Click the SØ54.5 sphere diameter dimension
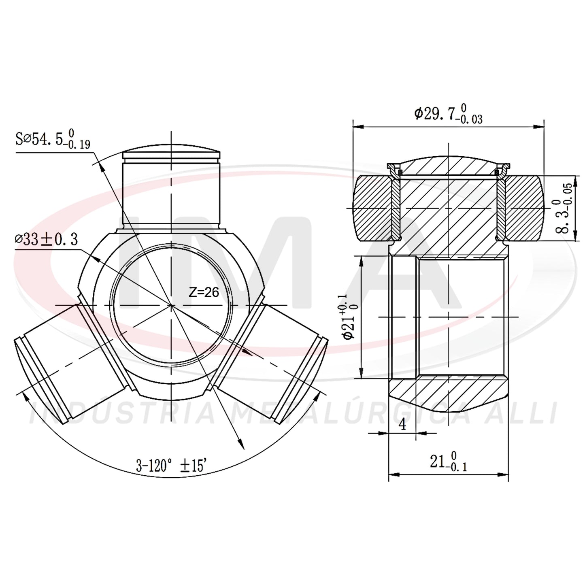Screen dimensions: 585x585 [53, 139]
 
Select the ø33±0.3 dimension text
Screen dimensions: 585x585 [46, 239]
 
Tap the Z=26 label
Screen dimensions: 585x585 [204, 292]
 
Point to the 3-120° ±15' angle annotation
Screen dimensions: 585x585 [172, 466]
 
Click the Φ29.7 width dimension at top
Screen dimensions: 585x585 [448, 113]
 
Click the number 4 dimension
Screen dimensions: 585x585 [402, 424]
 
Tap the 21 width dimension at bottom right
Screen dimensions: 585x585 [448, 462]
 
